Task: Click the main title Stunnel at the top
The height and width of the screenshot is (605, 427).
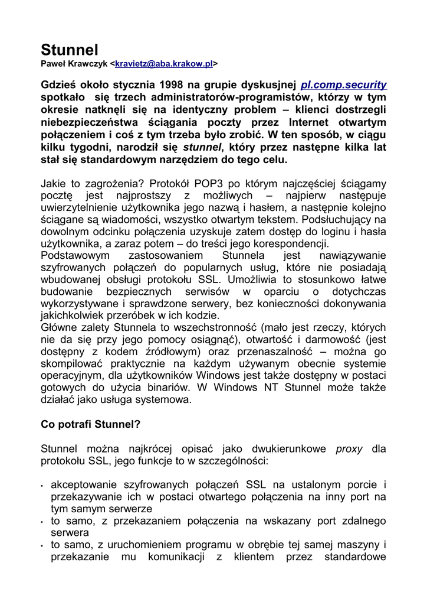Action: click(x=70, y=49)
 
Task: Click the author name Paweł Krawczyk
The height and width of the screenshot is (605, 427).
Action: click(x=74, y=63)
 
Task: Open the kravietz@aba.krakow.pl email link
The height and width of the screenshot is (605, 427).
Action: click(x=163, y=63)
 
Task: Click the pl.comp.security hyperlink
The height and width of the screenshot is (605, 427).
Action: click(x=343, y=85)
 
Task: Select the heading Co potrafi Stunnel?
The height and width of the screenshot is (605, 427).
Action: click(x=90, y=424)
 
